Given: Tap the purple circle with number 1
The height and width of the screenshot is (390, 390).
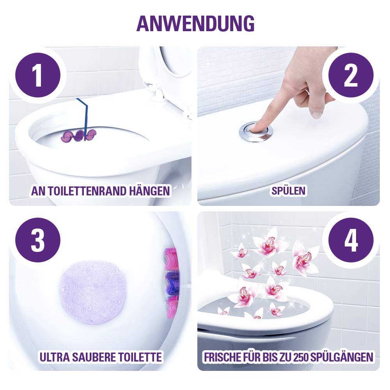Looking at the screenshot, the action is pos(38,75).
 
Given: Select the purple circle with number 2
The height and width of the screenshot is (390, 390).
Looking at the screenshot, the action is pos(351,75).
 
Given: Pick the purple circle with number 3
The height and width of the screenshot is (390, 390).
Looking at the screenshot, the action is pos(38,240).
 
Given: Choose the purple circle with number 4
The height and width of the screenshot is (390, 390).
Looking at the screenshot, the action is pos(351,240).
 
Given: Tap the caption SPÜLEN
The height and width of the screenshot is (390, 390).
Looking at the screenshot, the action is pos(288,191).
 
